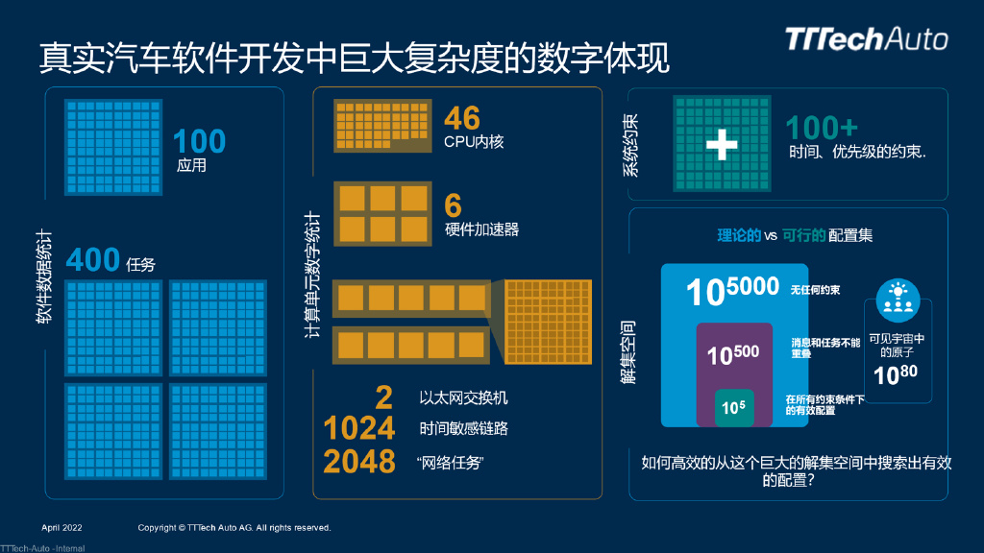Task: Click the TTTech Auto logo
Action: point(866,38)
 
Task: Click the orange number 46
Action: point(461,118)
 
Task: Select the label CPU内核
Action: point(474,141)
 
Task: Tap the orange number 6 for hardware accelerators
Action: point(453,204)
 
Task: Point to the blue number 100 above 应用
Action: point(199,141)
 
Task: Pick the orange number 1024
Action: point(359,427)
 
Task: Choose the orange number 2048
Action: point(359,461)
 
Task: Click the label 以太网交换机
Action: point(463,397)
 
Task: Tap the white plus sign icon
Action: point(721,144)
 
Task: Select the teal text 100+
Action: point(822,128)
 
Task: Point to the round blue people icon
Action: point(898,301)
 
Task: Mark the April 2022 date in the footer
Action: point(63,528)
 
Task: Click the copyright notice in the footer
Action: point(234,528)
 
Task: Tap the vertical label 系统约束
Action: point(630,145)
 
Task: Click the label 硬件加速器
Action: point(481,228)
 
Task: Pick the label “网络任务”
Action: point(450,463)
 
